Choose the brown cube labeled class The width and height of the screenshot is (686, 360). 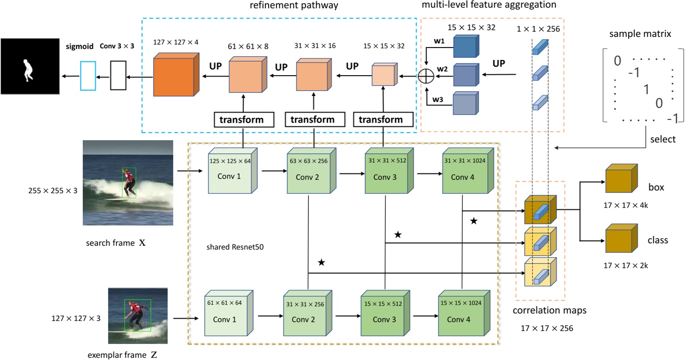tap(620, 240)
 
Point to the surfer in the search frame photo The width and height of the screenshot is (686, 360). tap(130, 182)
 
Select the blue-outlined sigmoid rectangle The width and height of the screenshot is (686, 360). tap(88, 75)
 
